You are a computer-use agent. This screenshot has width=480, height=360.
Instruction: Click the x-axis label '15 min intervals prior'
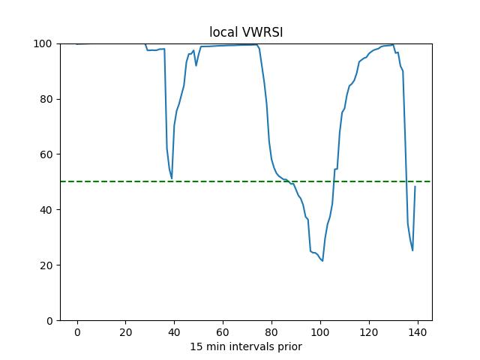[x=245, y=346]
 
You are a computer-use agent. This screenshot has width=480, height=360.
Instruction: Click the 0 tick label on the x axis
[x=77, y=332]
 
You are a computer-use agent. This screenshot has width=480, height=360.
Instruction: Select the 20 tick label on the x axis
[x=126, y=332]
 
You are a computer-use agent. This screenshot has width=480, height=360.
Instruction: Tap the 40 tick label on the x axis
[x=174, y=332]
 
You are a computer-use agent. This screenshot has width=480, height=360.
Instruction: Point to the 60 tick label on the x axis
[x=223, y=332]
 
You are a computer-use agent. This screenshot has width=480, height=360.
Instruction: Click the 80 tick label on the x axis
[x=271, y=332]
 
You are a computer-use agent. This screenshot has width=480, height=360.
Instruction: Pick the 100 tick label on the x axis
[x=320, y=332]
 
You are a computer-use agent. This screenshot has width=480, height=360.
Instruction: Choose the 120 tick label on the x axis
[x=369, y=332]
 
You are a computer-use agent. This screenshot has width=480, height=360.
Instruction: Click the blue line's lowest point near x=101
[x=322, y=261]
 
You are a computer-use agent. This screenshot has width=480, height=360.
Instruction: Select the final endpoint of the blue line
[x=415, y=187]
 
